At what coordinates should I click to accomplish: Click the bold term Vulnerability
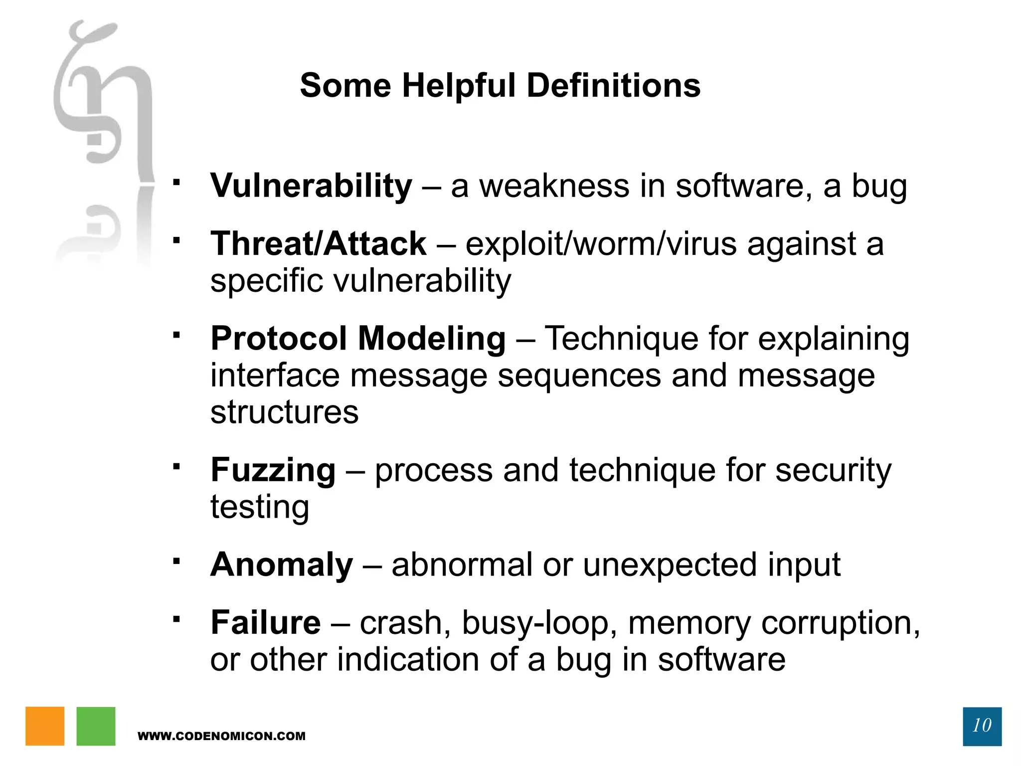(x=311, y=186)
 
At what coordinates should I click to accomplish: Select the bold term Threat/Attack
(x=318, y=244)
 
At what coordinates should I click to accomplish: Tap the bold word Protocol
(x=279, y=339)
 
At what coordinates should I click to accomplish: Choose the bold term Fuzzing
(x=273, y=471)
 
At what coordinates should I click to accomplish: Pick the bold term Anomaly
(x=282, y=565)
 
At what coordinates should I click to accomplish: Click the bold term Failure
(x=266, y=623)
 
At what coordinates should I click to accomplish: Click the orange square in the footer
(x=45, y=726)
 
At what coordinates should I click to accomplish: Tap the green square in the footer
(x=96, y=726)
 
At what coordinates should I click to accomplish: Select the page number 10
(x=982, y=726)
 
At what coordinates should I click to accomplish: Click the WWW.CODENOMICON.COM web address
(x=221, y=736)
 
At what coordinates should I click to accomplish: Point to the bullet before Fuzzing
(x=176, y=467)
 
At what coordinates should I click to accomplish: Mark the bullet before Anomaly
(x=176, y=561)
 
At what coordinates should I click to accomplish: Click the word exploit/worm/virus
(x=601, y=244)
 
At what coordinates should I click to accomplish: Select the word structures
(x=284, y=412)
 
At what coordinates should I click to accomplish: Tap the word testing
(x=260, y=507)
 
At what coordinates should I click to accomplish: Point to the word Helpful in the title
(x=459, y=86)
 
